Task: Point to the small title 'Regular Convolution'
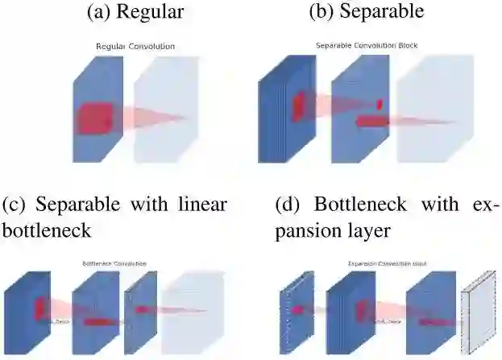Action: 135,47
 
